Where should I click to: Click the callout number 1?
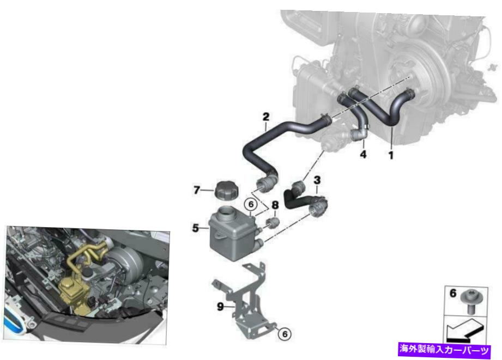coord(390,155)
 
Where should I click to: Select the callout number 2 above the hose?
coord(266,116)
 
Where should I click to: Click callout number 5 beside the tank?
coord(195,228)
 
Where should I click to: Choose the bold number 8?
coord(275,206)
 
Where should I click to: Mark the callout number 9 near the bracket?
coord(220,307)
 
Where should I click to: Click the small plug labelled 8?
coord(274,223)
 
